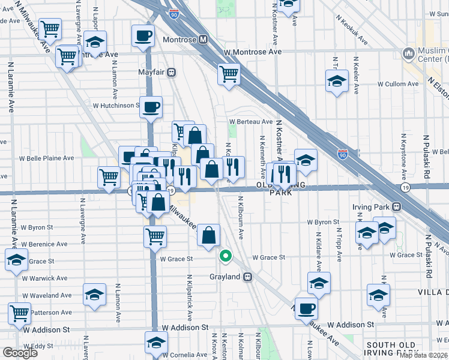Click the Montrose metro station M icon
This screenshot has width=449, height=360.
[203, 40]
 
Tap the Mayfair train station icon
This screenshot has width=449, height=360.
[171, 73]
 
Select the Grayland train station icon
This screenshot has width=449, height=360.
[247, 277]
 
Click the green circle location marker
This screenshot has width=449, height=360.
[226, 257]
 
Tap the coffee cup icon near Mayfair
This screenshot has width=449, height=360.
[143, 37]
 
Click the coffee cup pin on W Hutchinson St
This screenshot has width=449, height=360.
[151, 107]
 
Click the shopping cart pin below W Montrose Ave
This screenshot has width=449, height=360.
[229, 74]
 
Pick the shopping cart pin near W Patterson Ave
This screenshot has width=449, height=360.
[20, 313]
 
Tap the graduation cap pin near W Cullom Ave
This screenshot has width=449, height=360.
[337, 80]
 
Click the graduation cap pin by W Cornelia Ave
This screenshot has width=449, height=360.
[156, 343]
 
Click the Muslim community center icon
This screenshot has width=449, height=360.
[409, 55]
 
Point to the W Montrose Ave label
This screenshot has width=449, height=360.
[253, 52]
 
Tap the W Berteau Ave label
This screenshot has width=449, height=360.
[250, 121]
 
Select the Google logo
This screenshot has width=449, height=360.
[20, 353]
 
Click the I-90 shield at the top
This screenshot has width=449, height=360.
[173, 13]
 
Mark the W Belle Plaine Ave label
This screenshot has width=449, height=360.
[46, 158]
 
